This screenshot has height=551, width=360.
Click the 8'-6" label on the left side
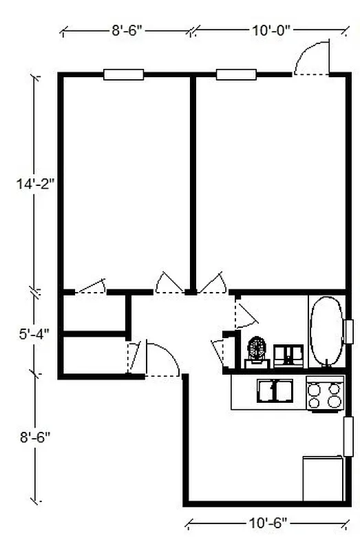click(36, 436)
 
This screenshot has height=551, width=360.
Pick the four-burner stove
click(325, 395)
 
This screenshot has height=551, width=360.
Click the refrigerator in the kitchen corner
click(322, 477)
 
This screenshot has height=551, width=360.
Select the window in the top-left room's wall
click(123, 74)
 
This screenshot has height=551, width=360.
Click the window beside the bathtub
click(348, 331)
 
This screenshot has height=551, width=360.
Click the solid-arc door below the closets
click(162, 360)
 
